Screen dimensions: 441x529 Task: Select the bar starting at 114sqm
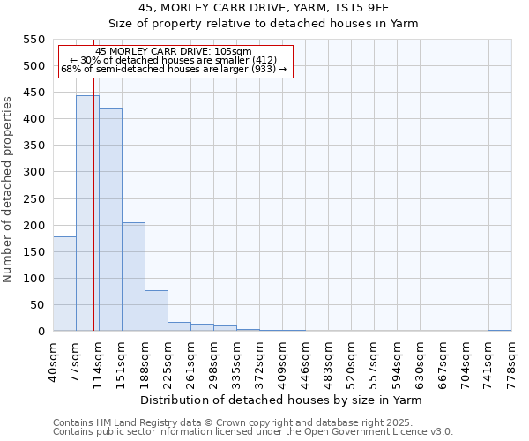[x=110, y=220]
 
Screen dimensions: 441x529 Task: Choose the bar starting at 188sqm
[x=156, y=310]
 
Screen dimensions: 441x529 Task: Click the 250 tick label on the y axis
[x=34, y=198]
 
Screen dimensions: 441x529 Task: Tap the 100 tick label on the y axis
[x=34, y=279]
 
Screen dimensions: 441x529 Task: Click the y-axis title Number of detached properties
[x=9, y=189]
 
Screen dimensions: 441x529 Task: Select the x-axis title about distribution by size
[x=281, y=400]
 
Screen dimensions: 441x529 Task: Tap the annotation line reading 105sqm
[x=174, y=52]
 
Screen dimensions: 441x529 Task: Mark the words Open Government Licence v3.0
[x=384, y=432]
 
